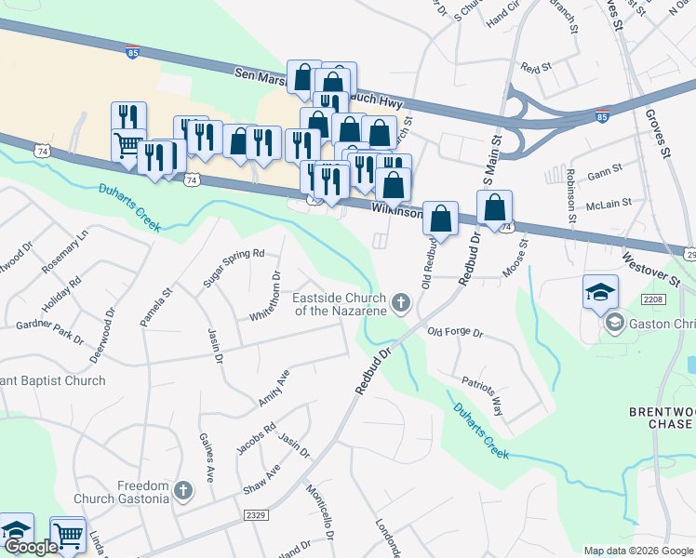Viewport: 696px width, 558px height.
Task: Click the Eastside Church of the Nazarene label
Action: pos(339,304)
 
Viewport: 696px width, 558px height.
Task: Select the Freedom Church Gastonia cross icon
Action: pos(183,490)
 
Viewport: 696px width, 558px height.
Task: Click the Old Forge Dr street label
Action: pos(456,332)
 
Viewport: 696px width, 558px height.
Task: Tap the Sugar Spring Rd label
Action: pos(234,267)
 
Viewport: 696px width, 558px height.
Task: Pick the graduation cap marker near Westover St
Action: pos(600,292)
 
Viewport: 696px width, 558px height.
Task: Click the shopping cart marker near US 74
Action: pos(128,145)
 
